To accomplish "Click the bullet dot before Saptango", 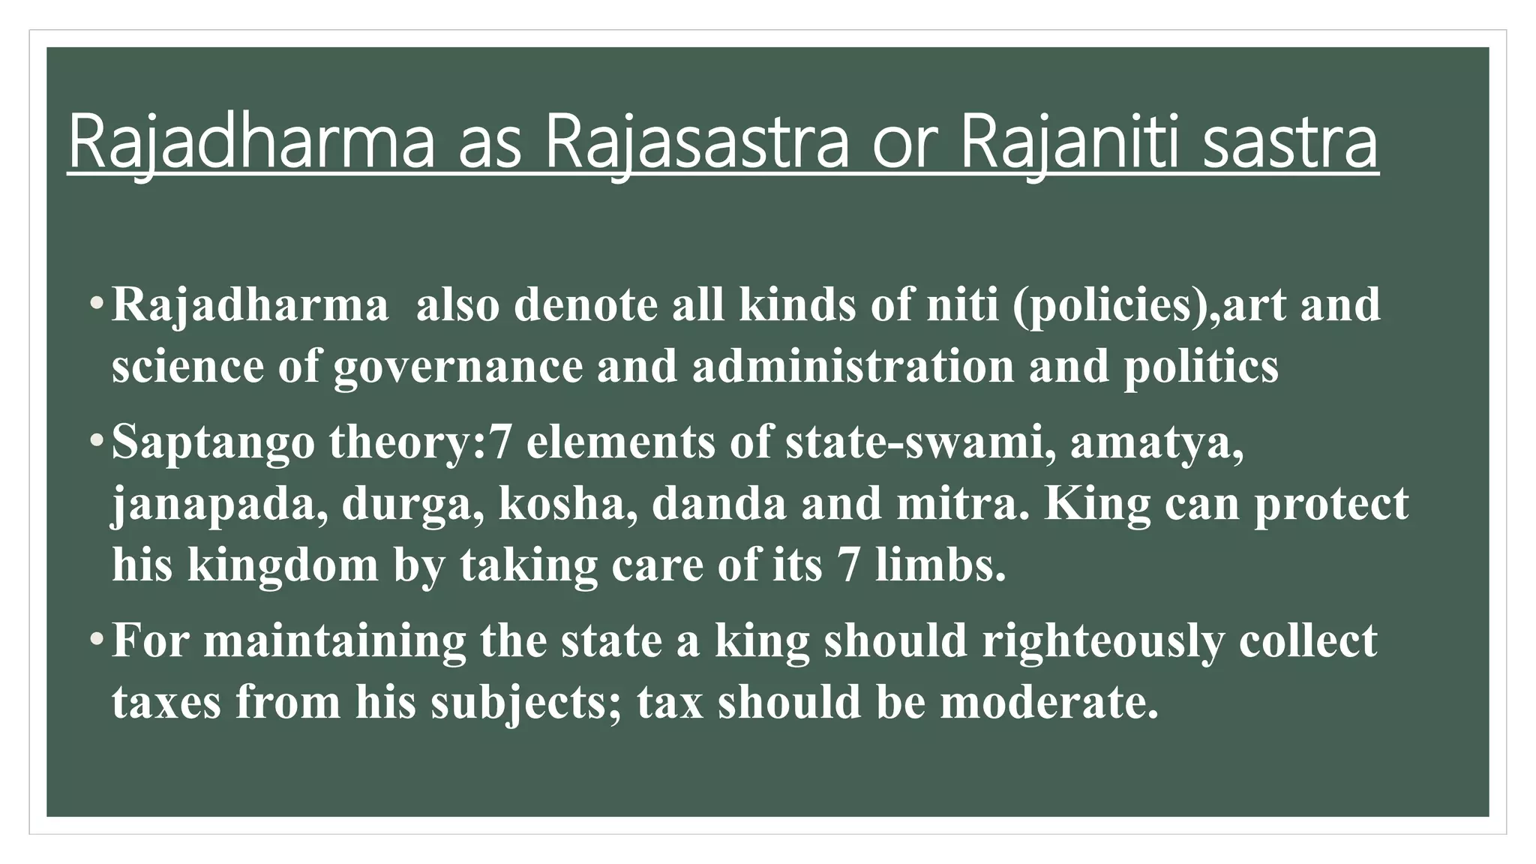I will pos(95,441).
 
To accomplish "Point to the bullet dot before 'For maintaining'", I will pos(95,640).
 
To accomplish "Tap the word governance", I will pos(457,367).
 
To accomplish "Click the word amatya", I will pos(1156,442).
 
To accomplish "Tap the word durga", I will pos(413,504).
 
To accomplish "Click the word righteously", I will pos(1102,641).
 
